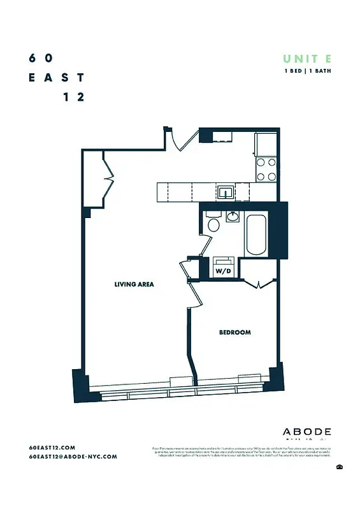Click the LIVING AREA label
pos(134,284)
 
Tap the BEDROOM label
pos(234,332)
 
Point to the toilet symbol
pos(213,223)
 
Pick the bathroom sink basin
pos(233,217)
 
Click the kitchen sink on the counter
pos(225,191)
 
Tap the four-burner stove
pos(266,169)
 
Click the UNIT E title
pos(307,59)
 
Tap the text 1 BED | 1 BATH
pos(307,71)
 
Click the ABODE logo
pos(306,432)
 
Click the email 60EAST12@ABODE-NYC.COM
pos(73,456)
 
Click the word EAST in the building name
pos(56,78)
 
